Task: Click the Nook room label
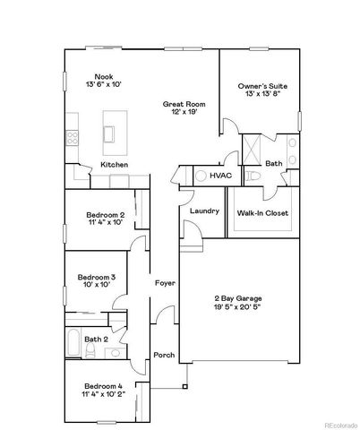(104, 77)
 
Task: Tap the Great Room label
(178, 105)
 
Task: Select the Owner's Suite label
(261, 86)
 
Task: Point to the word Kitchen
(114, 166)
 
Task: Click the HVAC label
(219, 176)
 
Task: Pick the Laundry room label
(204, 211)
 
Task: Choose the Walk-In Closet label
(261, 214)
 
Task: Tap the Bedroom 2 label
(105, 215)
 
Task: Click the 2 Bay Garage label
(236, 297)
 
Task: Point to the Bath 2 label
(96, 339)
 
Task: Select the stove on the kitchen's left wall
(71, 138)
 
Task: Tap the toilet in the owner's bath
(253, 176)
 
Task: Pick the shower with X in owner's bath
(253, 145)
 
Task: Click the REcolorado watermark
(339, 425)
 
